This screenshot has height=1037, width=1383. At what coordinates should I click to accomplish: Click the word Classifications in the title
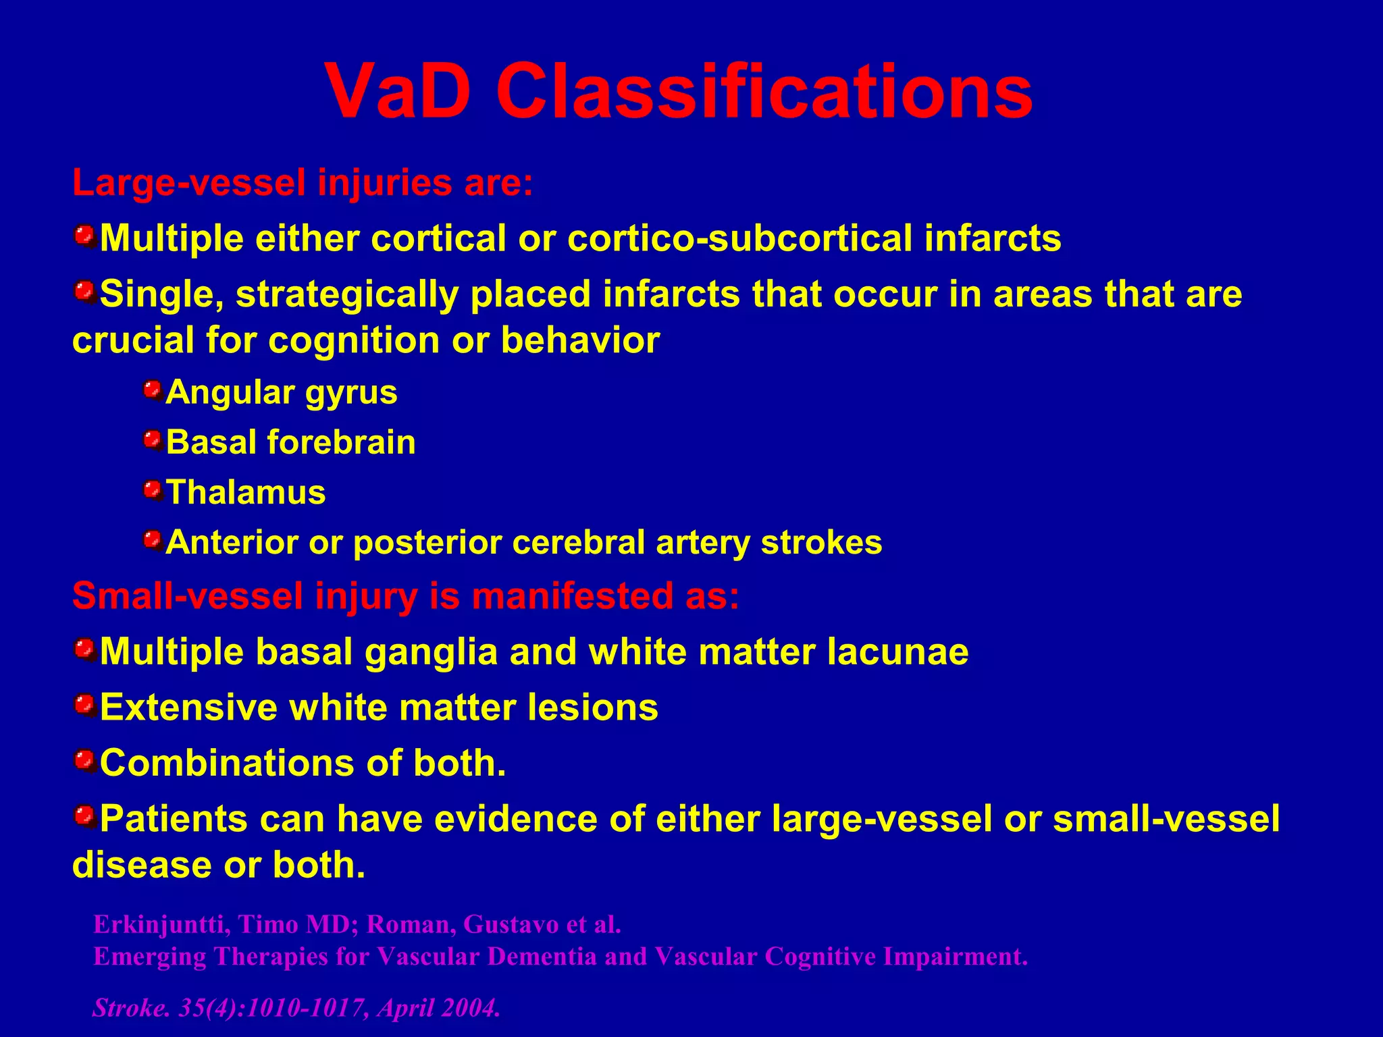[764, 91]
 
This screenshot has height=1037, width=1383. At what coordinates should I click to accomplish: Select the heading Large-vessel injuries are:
[303, 183]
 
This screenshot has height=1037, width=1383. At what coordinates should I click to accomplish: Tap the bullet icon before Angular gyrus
[153, 390]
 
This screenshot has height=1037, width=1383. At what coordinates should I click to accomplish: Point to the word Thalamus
[246, 492]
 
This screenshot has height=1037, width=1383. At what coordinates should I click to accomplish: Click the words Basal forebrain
[291, 442]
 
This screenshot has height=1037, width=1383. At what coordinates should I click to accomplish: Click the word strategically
[347, 294]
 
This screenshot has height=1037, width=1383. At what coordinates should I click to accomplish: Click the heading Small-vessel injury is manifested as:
[405, 596]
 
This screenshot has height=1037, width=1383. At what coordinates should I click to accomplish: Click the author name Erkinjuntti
[158, 924]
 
